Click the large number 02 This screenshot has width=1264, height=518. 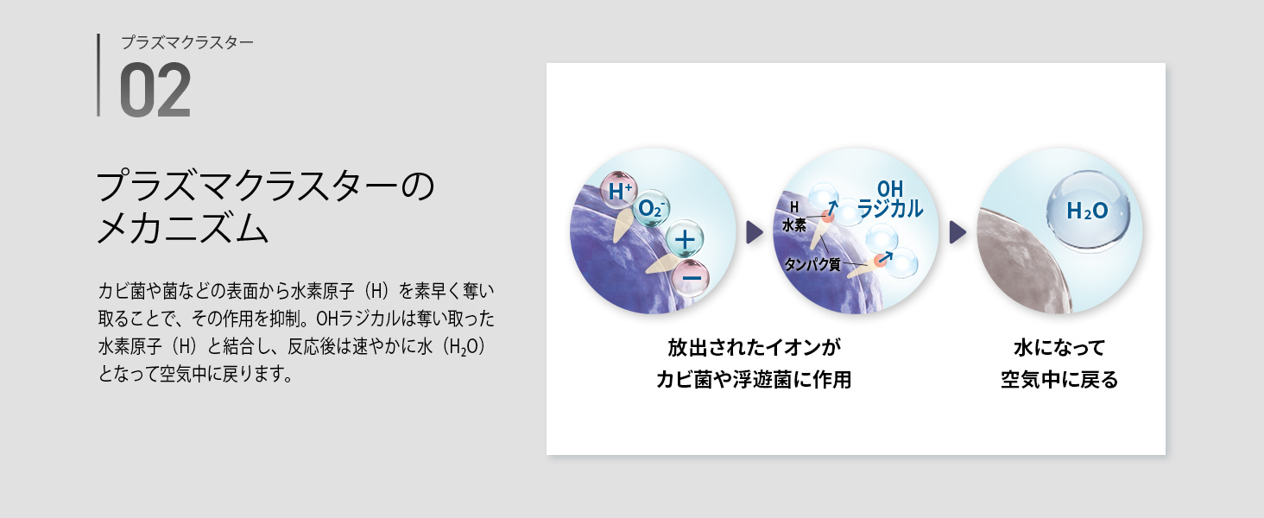click(155, 90)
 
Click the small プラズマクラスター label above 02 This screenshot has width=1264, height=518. click(187, 42)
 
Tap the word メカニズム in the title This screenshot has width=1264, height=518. click(182, 229)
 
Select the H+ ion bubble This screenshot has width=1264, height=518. click(619, 191)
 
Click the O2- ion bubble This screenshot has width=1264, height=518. click(651, 208)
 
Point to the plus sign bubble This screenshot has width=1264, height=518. click(685, 239)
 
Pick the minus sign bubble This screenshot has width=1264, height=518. click(692, 278)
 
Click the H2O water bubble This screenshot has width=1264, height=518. click(1087, 212)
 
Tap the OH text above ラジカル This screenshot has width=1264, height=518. click(890, 188)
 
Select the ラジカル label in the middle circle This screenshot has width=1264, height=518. click(890, 209)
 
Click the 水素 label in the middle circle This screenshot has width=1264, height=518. click(794, 225)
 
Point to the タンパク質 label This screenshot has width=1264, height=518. click(812, 264)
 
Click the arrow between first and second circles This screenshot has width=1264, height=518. click(754, 232)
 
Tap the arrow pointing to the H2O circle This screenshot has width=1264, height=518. click(957, 232)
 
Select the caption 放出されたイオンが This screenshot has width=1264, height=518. click(754, 348)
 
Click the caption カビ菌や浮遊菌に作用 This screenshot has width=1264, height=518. click(754, 380)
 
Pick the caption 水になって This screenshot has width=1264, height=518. click(1059, 348)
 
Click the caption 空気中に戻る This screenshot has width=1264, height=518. click(1059, 380)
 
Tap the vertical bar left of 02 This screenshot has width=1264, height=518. click(98, 75)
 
